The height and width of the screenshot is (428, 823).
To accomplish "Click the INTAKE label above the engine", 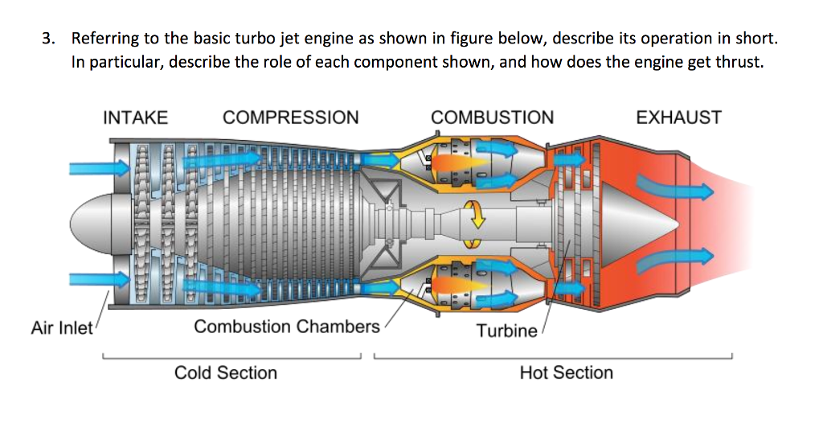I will click(135, 117).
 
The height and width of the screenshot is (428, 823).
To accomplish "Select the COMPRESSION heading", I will click(290, 117).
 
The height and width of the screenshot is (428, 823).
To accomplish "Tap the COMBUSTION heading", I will click(492, 117).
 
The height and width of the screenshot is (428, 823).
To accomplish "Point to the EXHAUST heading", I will click(678, 117).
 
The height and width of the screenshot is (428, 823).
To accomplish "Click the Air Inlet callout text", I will click(62, 328).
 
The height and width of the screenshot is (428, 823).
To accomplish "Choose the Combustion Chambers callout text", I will click(286, 327).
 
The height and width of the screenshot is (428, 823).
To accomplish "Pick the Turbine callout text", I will click(506, 331).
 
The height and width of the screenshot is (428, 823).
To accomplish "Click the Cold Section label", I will click(226, 372).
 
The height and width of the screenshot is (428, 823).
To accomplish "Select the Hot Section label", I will click(566, 372).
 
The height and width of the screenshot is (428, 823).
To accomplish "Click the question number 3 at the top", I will click(49, 39).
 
